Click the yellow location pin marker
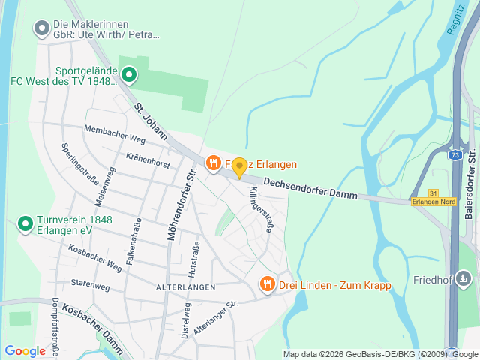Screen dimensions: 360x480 click(x=239, y=167)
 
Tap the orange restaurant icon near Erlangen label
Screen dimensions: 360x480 click(x=213, y=163)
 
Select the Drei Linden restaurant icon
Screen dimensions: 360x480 click(x=267, y=283)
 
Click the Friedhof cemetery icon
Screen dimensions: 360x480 click(x=464, y=280)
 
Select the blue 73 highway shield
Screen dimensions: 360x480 click(x=454, y=155)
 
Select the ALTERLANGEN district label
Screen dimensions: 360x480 click(x=185, y=287)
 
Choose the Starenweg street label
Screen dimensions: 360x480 click(x=90, y=283)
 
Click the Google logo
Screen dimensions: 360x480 click(x=25, y=350)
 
